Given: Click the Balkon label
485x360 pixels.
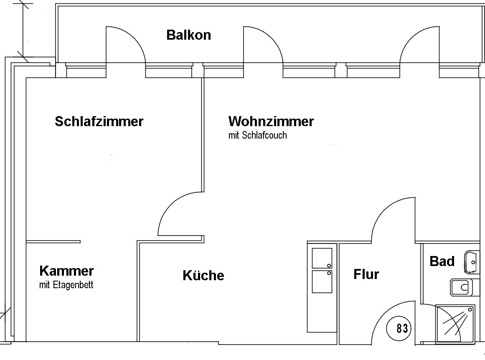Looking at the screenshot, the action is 189,35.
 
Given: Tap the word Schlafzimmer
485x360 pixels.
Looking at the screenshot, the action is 99,121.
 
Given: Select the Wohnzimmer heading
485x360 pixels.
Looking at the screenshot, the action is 271,121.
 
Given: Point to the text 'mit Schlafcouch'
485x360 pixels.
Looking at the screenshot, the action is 257,135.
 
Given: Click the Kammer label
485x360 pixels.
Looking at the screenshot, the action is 66,271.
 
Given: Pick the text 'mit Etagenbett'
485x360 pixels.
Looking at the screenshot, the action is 66,284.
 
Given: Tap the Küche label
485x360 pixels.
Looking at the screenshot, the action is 203,275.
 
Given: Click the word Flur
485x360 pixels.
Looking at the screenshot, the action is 366,274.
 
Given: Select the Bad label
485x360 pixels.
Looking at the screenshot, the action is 442,261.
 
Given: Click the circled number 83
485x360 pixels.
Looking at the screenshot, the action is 402,328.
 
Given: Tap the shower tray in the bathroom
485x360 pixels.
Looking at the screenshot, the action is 455,324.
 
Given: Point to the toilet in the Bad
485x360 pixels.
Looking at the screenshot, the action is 461,287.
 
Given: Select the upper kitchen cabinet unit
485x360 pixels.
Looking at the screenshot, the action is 322,258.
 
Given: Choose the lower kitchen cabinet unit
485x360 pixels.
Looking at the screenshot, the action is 322,282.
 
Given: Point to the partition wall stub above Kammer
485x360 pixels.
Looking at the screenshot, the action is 53,241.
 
